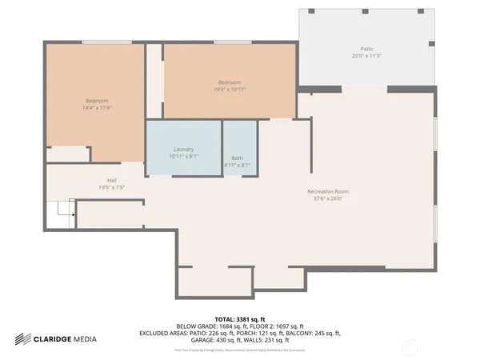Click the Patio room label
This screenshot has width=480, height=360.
tap(367, 49)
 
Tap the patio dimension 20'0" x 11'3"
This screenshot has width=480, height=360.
tap(367, 56)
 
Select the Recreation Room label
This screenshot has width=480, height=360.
tap(328, 191)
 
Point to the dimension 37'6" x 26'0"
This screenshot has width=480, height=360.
tap(328, 198)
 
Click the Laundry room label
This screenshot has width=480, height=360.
tap(184, 150)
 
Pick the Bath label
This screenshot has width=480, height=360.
tap(238, 158)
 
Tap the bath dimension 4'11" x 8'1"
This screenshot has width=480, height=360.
tap(238, 165)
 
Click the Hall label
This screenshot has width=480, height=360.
tap(112, 180)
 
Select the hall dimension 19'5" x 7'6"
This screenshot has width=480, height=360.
tap(112, 187)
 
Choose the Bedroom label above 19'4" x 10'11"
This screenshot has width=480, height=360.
tap(230, 82)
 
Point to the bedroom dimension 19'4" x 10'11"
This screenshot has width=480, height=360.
tap(230, 89)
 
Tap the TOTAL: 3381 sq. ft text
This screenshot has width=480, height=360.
tap(240, 318)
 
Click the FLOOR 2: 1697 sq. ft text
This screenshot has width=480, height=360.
tap(276, 326)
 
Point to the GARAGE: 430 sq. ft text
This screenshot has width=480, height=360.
tap(210, 339)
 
